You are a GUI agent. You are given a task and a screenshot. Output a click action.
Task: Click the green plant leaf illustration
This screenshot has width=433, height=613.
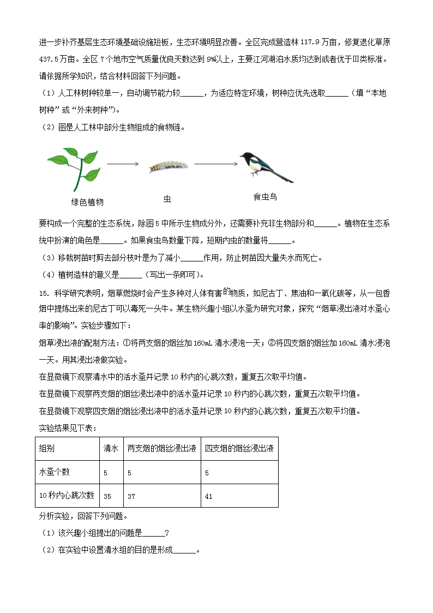pyautogui.click(x=75, y=166)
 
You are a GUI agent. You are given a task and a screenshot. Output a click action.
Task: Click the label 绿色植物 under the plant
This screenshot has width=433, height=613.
pyautogui.click(x=87, y=202)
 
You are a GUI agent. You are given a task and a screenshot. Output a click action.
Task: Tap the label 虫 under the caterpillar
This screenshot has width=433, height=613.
pyautogui.click(x=167, y=199)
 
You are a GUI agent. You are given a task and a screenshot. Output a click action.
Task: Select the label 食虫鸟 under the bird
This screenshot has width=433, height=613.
pyautogui.click(x=265, y=197)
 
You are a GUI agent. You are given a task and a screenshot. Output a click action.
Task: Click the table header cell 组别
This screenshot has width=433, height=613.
pyautogui.click(x=47, y=449)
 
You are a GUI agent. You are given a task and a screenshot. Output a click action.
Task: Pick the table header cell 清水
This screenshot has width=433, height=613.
pyautogui.click(x=111, y=449)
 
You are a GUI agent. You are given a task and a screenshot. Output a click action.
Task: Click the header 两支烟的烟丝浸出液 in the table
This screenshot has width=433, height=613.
pyautogui.click(x=161, y=449)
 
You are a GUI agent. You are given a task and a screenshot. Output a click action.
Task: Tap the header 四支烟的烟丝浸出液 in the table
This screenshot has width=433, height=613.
pyautogui.click(x=239, y=449)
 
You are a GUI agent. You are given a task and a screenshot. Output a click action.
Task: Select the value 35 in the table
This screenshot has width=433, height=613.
pyautogui.click(x=107, y=496)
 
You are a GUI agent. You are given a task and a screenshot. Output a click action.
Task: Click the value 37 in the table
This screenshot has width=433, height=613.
pyautogui.click(x=131, y=496)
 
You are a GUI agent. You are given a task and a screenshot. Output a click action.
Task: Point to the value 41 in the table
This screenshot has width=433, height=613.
pyautogui.click(x=209, y=496)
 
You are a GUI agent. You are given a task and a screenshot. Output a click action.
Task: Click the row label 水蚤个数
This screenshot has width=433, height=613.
pyautogui.click(x=55, y=472)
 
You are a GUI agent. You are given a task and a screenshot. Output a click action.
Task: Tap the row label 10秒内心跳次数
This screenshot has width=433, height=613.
pyautogui.click(x=67, y=496)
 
